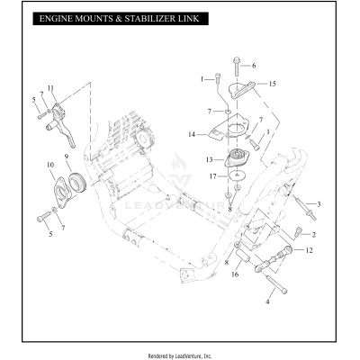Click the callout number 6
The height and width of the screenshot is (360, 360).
tap(254, 66)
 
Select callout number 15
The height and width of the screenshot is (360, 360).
tap(273, 84)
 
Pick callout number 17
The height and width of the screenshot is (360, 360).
tap(212, 176)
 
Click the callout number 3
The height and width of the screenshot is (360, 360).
tap(318, 204)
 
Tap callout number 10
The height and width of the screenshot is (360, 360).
tap(51, 164)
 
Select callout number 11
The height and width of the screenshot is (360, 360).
tap(50, 87)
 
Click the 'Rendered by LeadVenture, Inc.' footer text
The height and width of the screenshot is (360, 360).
tap(180, 355)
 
